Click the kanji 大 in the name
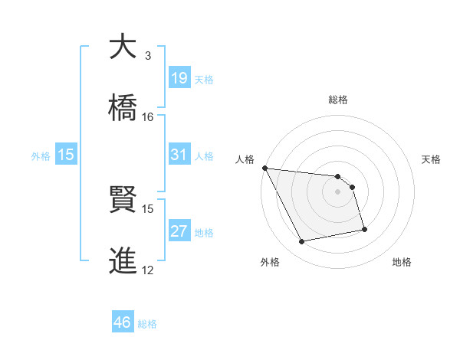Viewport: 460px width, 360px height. coord(123,47)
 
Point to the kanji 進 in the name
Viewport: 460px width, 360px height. coord(123,260)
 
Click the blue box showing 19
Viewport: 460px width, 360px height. coord(179,77)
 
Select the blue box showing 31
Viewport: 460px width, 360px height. coord(179,155)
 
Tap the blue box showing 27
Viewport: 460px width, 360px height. coord(179,231)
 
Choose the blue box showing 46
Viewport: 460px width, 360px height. coord(123,322)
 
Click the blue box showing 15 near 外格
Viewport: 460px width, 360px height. coord(66,155)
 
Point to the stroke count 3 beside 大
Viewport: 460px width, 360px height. coord(148,56)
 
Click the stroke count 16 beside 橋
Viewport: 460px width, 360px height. coord(148,116)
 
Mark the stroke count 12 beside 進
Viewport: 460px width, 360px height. coord(148,270)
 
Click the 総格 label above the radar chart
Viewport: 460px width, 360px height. coord(338,100)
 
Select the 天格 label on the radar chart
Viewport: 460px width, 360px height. coord(432,159)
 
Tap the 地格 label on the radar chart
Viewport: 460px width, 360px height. coord(402,263)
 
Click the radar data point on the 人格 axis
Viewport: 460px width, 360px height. coord(264,168)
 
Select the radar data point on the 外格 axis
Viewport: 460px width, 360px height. coord(302,242)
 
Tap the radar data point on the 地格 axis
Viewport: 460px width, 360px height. coord(364,229)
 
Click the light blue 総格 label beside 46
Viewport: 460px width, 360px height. coord(147,323)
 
